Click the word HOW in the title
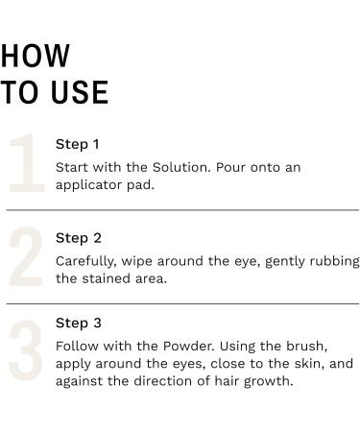point(35,56)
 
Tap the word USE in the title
point(80,92)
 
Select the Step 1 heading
point(77,145)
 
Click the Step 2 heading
point(79,238)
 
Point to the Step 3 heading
point(79,324)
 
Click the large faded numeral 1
point(27,163)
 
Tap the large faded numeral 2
point(26,256)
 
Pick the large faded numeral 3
point(26,350)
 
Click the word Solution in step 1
point(181,167)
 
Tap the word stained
point(107,278)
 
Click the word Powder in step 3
point(188,347)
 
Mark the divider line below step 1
point(182,210)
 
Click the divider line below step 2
point(182,303)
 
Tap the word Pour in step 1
point(230,167)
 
